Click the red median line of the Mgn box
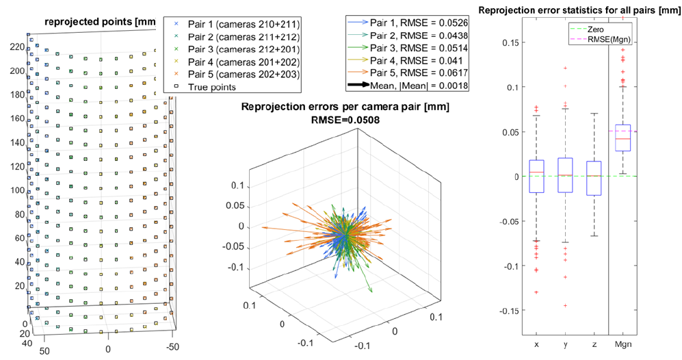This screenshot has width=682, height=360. tap(623, 139)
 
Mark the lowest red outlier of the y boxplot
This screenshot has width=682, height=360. tap(565, 305)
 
